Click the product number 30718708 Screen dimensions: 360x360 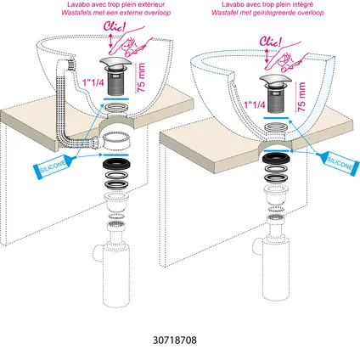(x=175, y=340)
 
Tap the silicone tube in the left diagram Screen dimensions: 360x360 (x=54, y=165)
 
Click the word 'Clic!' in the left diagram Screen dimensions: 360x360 (x=114, y=27)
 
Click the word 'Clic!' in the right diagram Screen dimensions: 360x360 (x=271, y=42)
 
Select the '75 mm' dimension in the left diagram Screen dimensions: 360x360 (x=141, y=77)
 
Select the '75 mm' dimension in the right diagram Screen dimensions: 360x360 (x=301, y=97)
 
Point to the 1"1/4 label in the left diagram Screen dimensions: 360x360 (x=93, y=82)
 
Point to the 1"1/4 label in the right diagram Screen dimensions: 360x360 (x=255, y=104)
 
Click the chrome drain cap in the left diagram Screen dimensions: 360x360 (x=116, y=63)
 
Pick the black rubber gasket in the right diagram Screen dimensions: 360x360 (x=277, y=158)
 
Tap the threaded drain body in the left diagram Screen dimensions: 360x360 (x=116, y=83)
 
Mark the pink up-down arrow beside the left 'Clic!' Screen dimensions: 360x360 (x=111, y=41)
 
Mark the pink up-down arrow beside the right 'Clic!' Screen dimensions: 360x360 (x=267, y=56)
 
